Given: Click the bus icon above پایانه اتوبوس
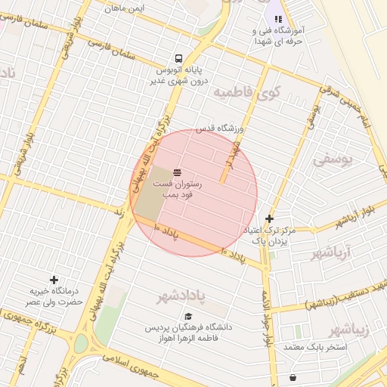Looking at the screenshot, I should point(178,58).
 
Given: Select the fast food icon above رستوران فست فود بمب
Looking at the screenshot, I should point(177,172).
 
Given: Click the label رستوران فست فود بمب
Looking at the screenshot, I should point(178,189).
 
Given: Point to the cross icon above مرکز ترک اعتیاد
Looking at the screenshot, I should point(269,218).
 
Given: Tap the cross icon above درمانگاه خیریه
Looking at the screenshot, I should point(53,280).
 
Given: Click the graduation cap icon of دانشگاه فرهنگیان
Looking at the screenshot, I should point(188,317).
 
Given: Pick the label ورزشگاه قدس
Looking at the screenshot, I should point(221,128).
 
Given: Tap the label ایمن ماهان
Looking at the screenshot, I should point(125,8).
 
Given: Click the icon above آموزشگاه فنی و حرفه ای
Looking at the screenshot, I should point(278,19).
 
